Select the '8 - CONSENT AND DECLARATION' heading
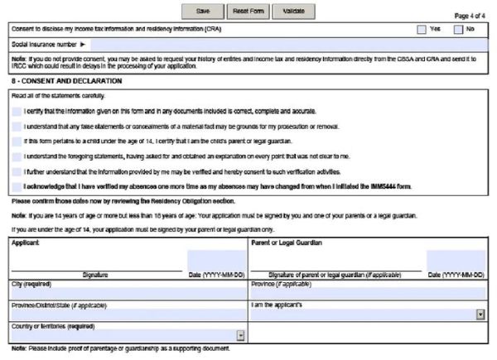pyautogui.click(x=67, y=81)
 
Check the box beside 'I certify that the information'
pyautogui.click(x=17, y=111)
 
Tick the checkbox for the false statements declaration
pyautogui.click(x=17, y=126)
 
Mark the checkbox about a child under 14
pyautogui.click(x=17, y=141)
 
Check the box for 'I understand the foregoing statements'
pyautogui.click(x=17, y=156)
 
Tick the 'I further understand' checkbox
pyautogui.click(x=17, y=171)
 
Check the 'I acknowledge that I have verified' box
pyautogui.click(x=17, y=186)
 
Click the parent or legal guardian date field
pyautogui.click(x=456, y=261)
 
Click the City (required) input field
pyautogui.click(x=128, y=294)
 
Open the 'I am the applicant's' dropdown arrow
pyautogui.click(x=480, y=314)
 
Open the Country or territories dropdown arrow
pyautogui.click(x=240, y=335)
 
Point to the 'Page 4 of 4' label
pyautogui.click(x=472, y=16)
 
